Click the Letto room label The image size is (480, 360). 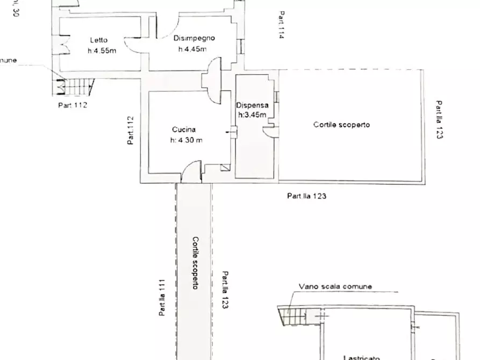[x=98, y=40]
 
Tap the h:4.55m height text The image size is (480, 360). [x=102, y=51]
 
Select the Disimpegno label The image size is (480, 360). [x=194, y=38]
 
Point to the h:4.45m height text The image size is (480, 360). [x=192, y=49]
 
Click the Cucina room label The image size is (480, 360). [x=184, y=129]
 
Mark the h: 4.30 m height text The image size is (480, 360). [x=186, y=140]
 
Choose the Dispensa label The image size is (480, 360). [x=252, y=105]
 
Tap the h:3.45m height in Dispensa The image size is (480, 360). [x=252, y=114]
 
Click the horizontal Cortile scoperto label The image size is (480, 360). [x=342, y=125]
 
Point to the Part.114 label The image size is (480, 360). [x=281, y=25]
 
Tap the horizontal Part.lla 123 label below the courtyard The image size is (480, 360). [x=306, y=196]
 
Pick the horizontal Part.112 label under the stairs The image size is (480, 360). [x=73, y=105]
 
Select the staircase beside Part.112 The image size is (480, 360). [x=75, y=85]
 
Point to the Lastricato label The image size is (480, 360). [x=362, y=357]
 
